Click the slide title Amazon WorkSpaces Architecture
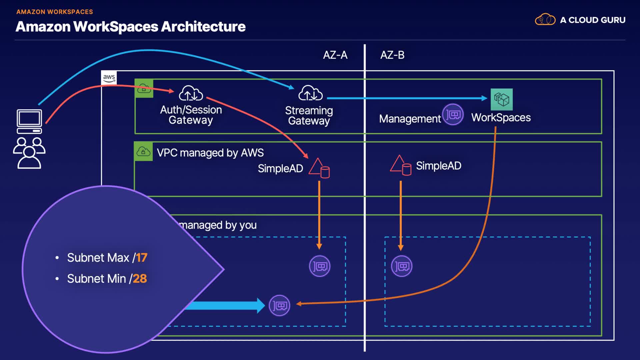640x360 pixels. pos(130,26)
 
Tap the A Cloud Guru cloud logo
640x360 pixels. pos(545,20)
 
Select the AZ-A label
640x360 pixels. pos(335,55)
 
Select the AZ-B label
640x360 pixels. pos(392,55)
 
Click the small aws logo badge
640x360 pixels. pos(109,78)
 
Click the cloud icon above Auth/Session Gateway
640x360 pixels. pos(191,93)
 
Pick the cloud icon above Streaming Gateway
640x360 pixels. pos(310,93)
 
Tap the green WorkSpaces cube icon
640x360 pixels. pos(501,99)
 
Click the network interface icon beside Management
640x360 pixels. pos(453,115)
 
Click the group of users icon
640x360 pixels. pos(29,153)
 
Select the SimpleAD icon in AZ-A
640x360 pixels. pos(319,168)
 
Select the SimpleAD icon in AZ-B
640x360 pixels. pos(401,165)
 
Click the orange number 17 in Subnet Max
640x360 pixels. pos(141,258)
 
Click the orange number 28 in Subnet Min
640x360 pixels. pos(140,279)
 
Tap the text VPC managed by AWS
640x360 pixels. pos(210,153)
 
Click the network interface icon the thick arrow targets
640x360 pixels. pos(279,305)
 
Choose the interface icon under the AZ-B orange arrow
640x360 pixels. pos(401,266)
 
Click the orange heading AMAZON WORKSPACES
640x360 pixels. pos(55,12)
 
